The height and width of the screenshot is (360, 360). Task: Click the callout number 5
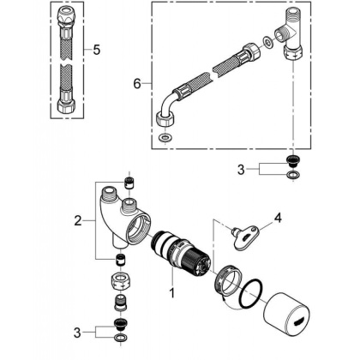tap(96, 51)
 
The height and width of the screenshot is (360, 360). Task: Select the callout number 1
tap(170, 293)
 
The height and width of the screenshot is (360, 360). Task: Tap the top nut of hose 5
tap(66, 17)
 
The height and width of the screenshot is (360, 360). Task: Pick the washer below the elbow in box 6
tap(165, 137)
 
